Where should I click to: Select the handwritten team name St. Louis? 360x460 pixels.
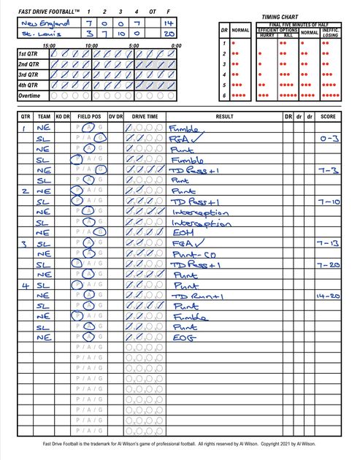[x=38, y=34]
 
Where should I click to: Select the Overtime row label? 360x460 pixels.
[x=31, y=96]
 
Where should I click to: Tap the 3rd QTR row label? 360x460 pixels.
[x=31, y=74]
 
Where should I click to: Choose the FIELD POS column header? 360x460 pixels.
[x=89, y=116]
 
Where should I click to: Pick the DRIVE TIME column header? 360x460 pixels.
[x=144, y=116]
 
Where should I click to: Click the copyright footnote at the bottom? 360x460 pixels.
[x=180, y=443]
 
